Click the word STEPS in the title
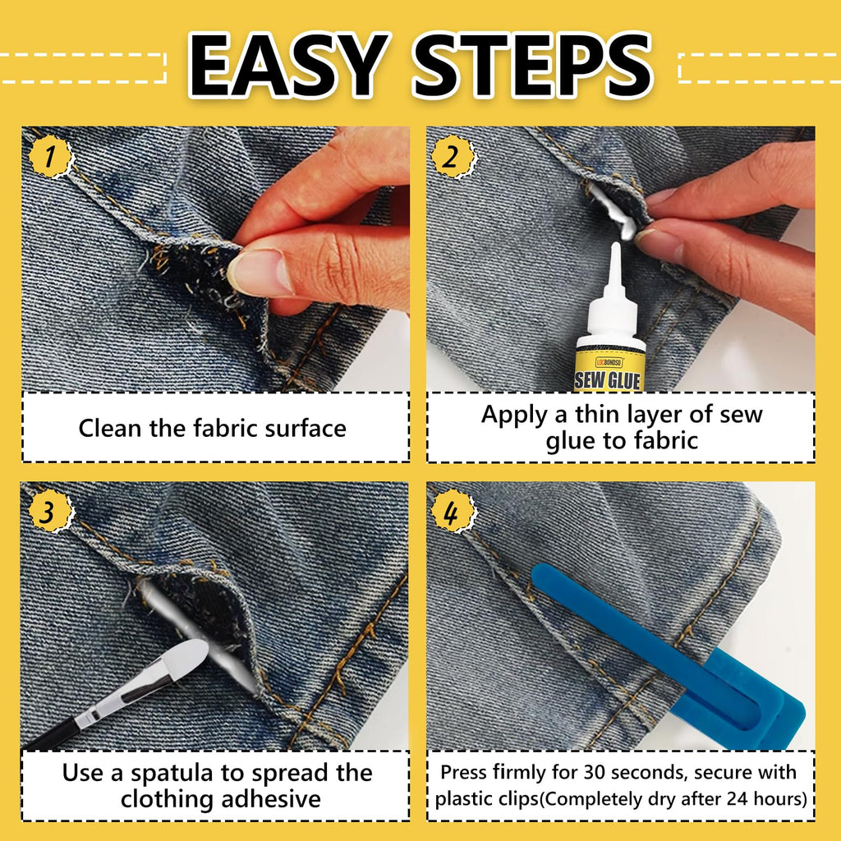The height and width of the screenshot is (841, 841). pos(532,66)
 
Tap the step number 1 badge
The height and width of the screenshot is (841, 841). pos(50,157)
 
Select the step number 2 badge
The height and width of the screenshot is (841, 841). pos(453,158)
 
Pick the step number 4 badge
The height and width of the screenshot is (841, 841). pos(453,512)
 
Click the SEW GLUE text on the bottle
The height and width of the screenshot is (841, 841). pos(608,380)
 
